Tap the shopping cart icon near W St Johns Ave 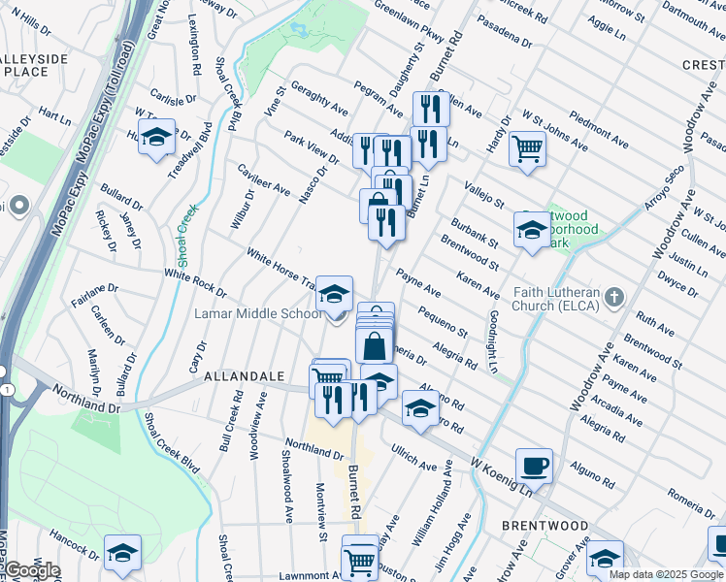527,149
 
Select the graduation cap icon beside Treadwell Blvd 155,138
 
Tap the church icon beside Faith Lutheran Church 612,296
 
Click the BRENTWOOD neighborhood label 544,525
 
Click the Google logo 32,570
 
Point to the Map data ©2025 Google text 666,574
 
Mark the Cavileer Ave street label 263,178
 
